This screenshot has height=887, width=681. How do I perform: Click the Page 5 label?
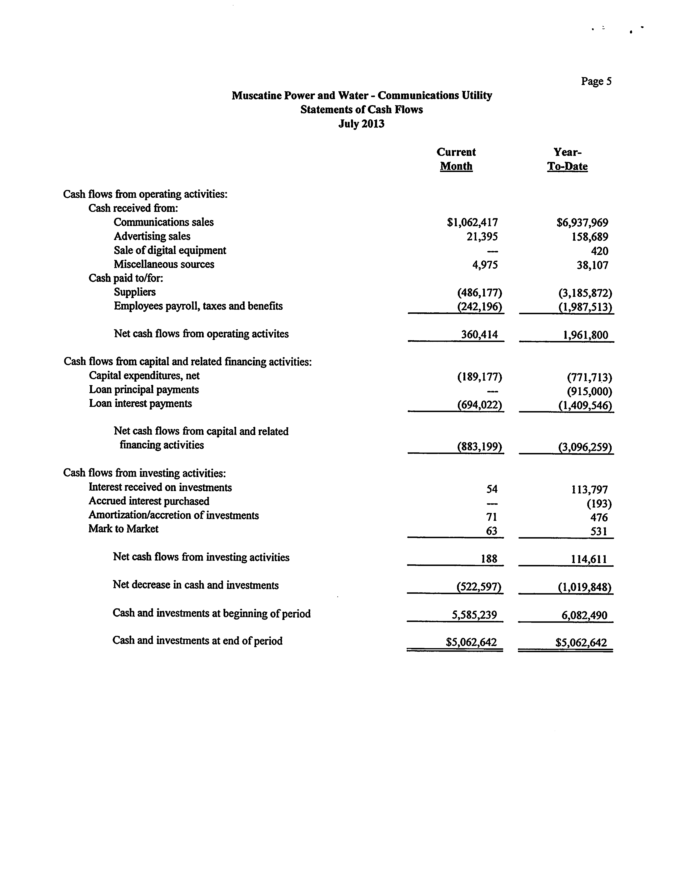(596, 81)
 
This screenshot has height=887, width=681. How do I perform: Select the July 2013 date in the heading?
(361, 123)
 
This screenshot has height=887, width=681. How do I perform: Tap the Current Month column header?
(456, 159)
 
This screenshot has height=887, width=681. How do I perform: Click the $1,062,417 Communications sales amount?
(472, 222)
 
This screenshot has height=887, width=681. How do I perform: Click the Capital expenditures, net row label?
(144, 376)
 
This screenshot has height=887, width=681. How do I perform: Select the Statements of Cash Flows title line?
(362, 110)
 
